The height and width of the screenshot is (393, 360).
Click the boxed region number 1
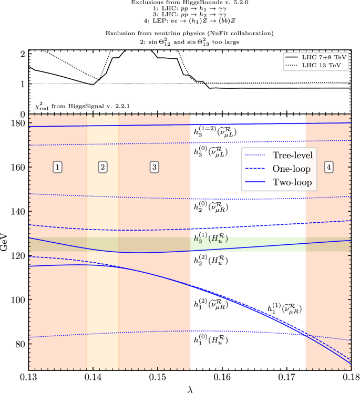(x=58, y=167)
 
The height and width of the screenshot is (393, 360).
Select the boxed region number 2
(x=103, y=167)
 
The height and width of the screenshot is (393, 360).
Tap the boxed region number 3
(x=154, y=167)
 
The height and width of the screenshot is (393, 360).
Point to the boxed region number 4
(x=328, y=167)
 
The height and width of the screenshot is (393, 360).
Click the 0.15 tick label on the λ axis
(x=158, y=377)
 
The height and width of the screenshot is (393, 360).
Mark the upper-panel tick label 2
(x=22, y=54)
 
